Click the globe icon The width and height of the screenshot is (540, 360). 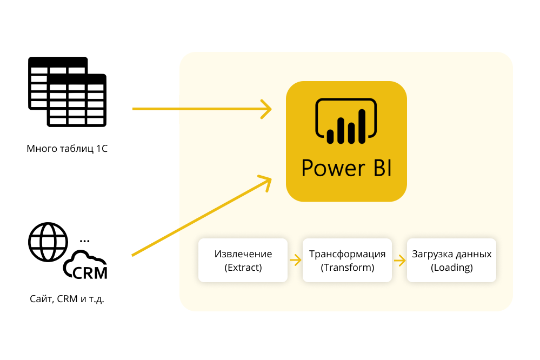48,242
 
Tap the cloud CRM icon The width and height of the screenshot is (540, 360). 85,266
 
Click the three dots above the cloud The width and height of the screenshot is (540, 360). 84,239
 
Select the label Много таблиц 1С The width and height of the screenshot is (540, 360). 67,148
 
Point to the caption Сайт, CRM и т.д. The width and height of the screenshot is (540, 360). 67,298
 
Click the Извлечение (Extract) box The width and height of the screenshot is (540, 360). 243,260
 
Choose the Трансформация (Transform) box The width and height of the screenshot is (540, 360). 347,260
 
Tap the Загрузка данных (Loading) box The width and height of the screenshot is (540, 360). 451,260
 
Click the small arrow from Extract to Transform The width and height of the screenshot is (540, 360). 295,261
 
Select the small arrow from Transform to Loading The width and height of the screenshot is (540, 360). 399,261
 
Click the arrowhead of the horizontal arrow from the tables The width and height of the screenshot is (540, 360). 266,109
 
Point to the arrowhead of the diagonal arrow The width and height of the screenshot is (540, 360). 265,181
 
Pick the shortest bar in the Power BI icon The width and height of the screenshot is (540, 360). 330,137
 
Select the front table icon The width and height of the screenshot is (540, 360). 77,101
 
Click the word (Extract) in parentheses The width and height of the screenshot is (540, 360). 243,268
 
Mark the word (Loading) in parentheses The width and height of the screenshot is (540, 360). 452,268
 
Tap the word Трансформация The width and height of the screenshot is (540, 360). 347,254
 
